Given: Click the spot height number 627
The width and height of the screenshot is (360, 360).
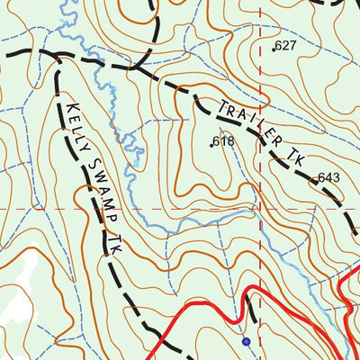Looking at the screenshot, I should (x=286, y=45).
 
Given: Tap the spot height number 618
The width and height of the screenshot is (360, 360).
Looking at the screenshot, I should (x=224, y=141).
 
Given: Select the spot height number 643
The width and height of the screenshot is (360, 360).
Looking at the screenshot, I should (x=328, y=177).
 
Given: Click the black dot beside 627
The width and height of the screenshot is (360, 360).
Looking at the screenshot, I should (x=274, y=47).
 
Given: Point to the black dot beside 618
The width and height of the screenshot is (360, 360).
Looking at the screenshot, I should (x=213, y=143).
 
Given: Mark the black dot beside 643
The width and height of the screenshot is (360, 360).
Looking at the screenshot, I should (x=316, y=180).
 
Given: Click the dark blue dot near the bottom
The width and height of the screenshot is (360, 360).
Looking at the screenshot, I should (x=246, y=341).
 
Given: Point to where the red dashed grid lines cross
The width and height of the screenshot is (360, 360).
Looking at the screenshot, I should (x=260, y=209).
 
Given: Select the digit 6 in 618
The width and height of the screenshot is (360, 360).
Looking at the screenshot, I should (x=219, y=141).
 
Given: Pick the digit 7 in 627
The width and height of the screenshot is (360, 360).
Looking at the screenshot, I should (x=292, y=45).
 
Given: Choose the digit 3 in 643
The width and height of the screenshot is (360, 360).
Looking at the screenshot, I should (x=335, y=177).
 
